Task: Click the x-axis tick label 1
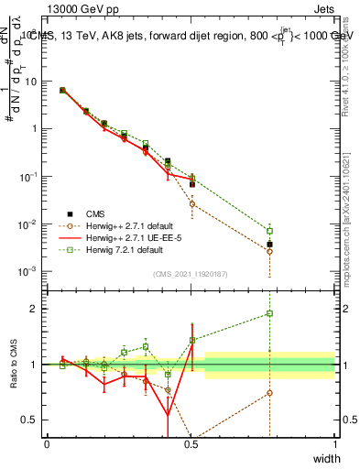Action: (334, 444)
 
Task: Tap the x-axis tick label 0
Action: (48, 444)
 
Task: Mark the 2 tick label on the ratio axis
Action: (35, 309)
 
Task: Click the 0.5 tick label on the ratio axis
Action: (31, 420)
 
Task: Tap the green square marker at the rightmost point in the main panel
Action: (269, 231)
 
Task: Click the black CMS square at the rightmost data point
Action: (269, 245)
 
